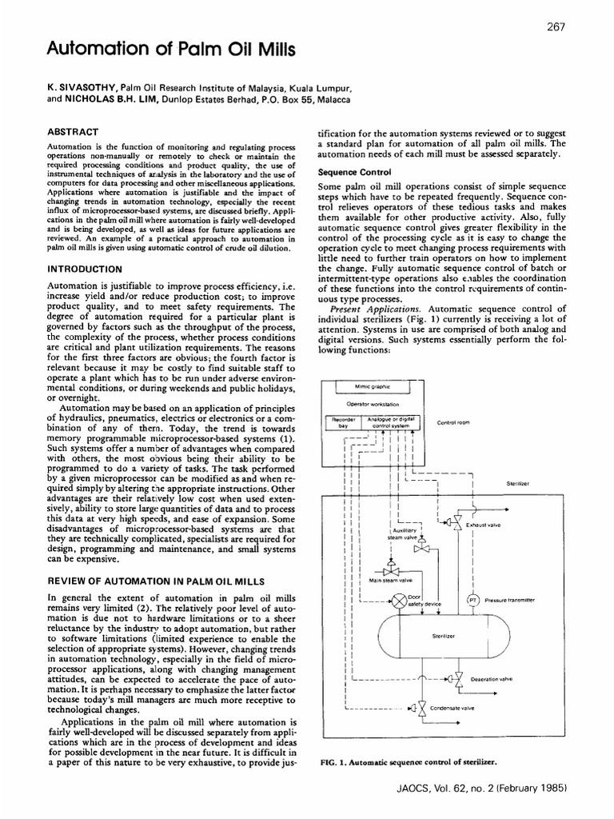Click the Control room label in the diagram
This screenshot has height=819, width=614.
(453, 422)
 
